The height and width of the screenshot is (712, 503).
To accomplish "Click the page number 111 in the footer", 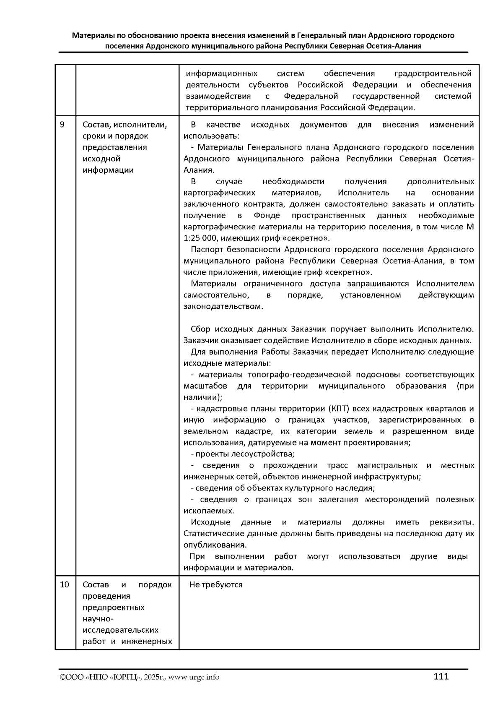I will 441,676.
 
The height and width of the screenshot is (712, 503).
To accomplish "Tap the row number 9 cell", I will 62,125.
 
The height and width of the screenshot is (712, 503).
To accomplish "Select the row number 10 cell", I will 64,584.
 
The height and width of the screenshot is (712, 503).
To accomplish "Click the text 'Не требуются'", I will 216,584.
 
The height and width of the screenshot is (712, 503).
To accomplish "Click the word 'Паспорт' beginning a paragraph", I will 205,250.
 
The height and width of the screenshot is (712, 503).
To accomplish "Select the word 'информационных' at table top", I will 222,74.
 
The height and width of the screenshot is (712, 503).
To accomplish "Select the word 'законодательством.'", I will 223,306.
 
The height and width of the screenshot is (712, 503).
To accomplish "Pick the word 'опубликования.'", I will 215,545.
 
